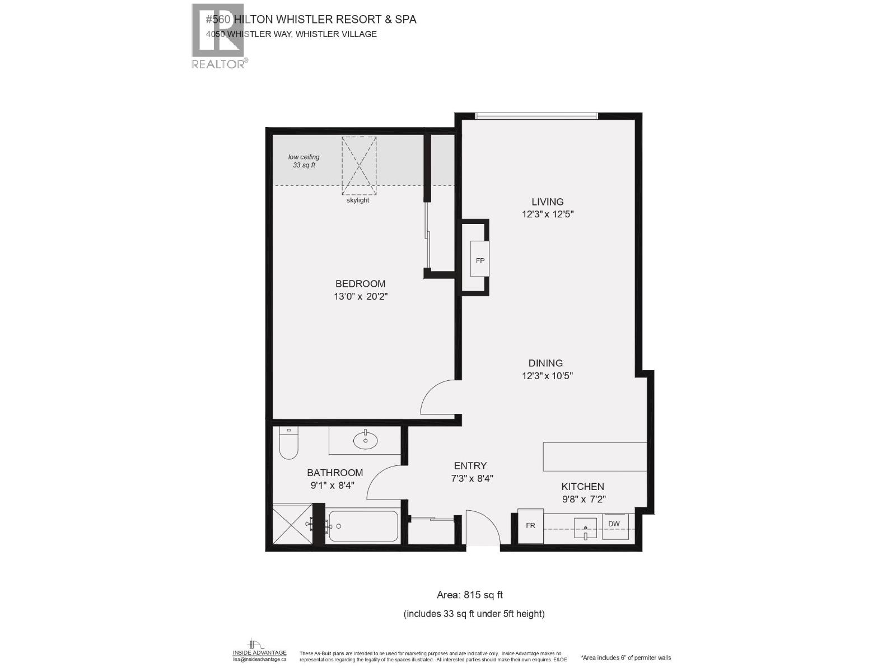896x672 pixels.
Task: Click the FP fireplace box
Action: tap(480, 259)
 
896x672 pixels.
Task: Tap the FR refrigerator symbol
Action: tap(530, 526)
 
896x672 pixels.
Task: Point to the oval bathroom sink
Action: tap(366, 440)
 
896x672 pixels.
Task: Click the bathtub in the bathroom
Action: tap(363, 526)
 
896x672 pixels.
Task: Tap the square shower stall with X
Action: tap(292, 524)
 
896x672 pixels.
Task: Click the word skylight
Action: tap(358, 200)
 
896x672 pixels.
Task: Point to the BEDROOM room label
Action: tap(360, 284)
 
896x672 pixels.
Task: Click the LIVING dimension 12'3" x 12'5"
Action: tap(548, 214)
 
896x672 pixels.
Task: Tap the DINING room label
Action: tap(545, 363)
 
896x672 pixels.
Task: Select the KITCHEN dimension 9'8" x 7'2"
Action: tap(584, 499)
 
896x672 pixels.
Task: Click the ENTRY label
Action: tap(470, 466)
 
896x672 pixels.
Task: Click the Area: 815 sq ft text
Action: tap(473, 595)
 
